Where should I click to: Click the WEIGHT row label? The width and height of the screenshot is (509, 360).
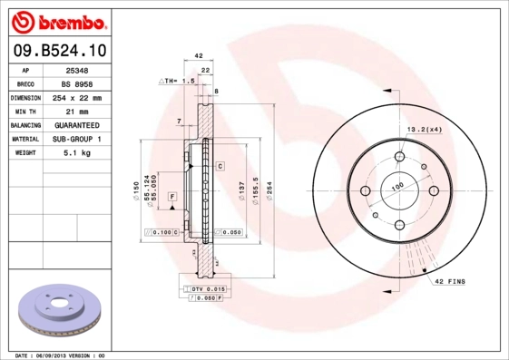(x=24, y=153)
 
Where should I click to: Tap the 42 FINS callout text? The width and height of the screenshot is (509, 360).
(x=450, y=282)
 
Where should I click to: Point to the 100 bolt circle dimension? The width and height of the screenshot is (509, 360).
(x=396, y=186)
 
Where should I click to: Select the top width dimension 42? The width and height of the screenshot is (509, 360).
(x=199, y=56)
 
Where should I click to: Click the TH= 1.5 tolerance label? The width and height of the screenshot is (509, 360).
(x=178, y=81)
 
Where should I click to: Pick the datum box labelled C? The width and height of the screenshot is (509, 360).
(x=220, y=167)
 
